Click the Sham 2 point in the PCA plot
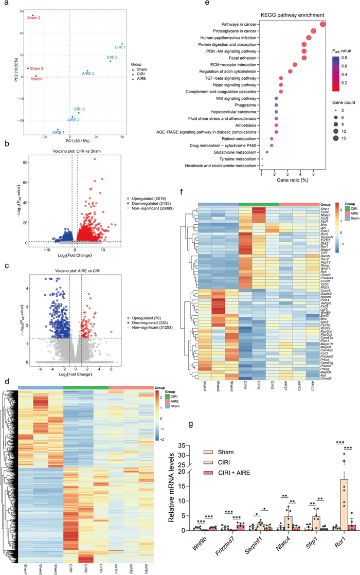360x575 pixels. (x=32, y=15)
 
